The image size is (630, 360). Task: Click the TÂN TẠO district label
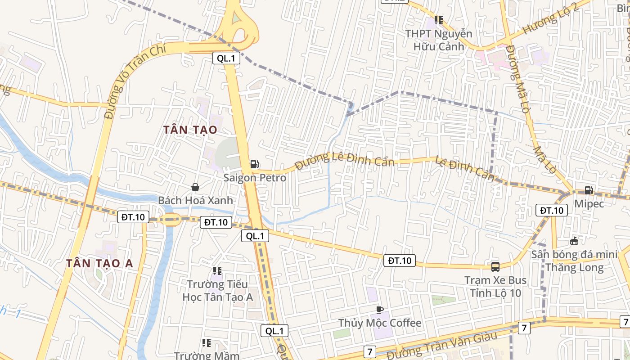190,130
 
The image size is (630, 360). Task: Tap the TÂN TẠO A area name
100,264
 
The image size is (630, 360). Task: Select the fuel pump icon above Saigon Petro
255,164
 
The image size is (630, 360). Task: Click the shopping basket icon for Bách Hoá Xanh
195,187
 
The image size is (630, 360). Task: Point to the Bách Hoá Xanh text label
195,200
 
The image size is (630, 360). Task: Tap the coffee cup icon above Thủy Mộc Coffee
379,310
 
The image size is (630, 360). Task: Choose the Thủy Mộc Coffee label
380,323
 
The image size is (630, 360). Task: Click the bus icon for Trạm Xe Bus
495,267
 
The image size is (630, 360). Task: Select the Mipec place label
589,203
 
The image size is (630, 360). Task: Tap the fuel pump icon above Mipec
589,190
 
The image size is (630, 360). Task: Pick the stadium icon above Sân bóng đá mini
574,241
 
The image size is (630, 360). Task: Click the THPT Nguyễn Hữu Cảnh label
438,40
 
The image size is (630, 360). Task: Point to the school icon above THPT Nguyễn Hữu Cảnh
439,20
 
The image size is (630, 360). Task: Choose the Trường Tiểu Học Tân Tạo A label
217,291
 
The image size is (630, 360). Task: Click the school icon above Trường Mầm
207,343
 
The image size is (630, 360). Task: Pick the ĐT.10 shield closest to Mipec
551,210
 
